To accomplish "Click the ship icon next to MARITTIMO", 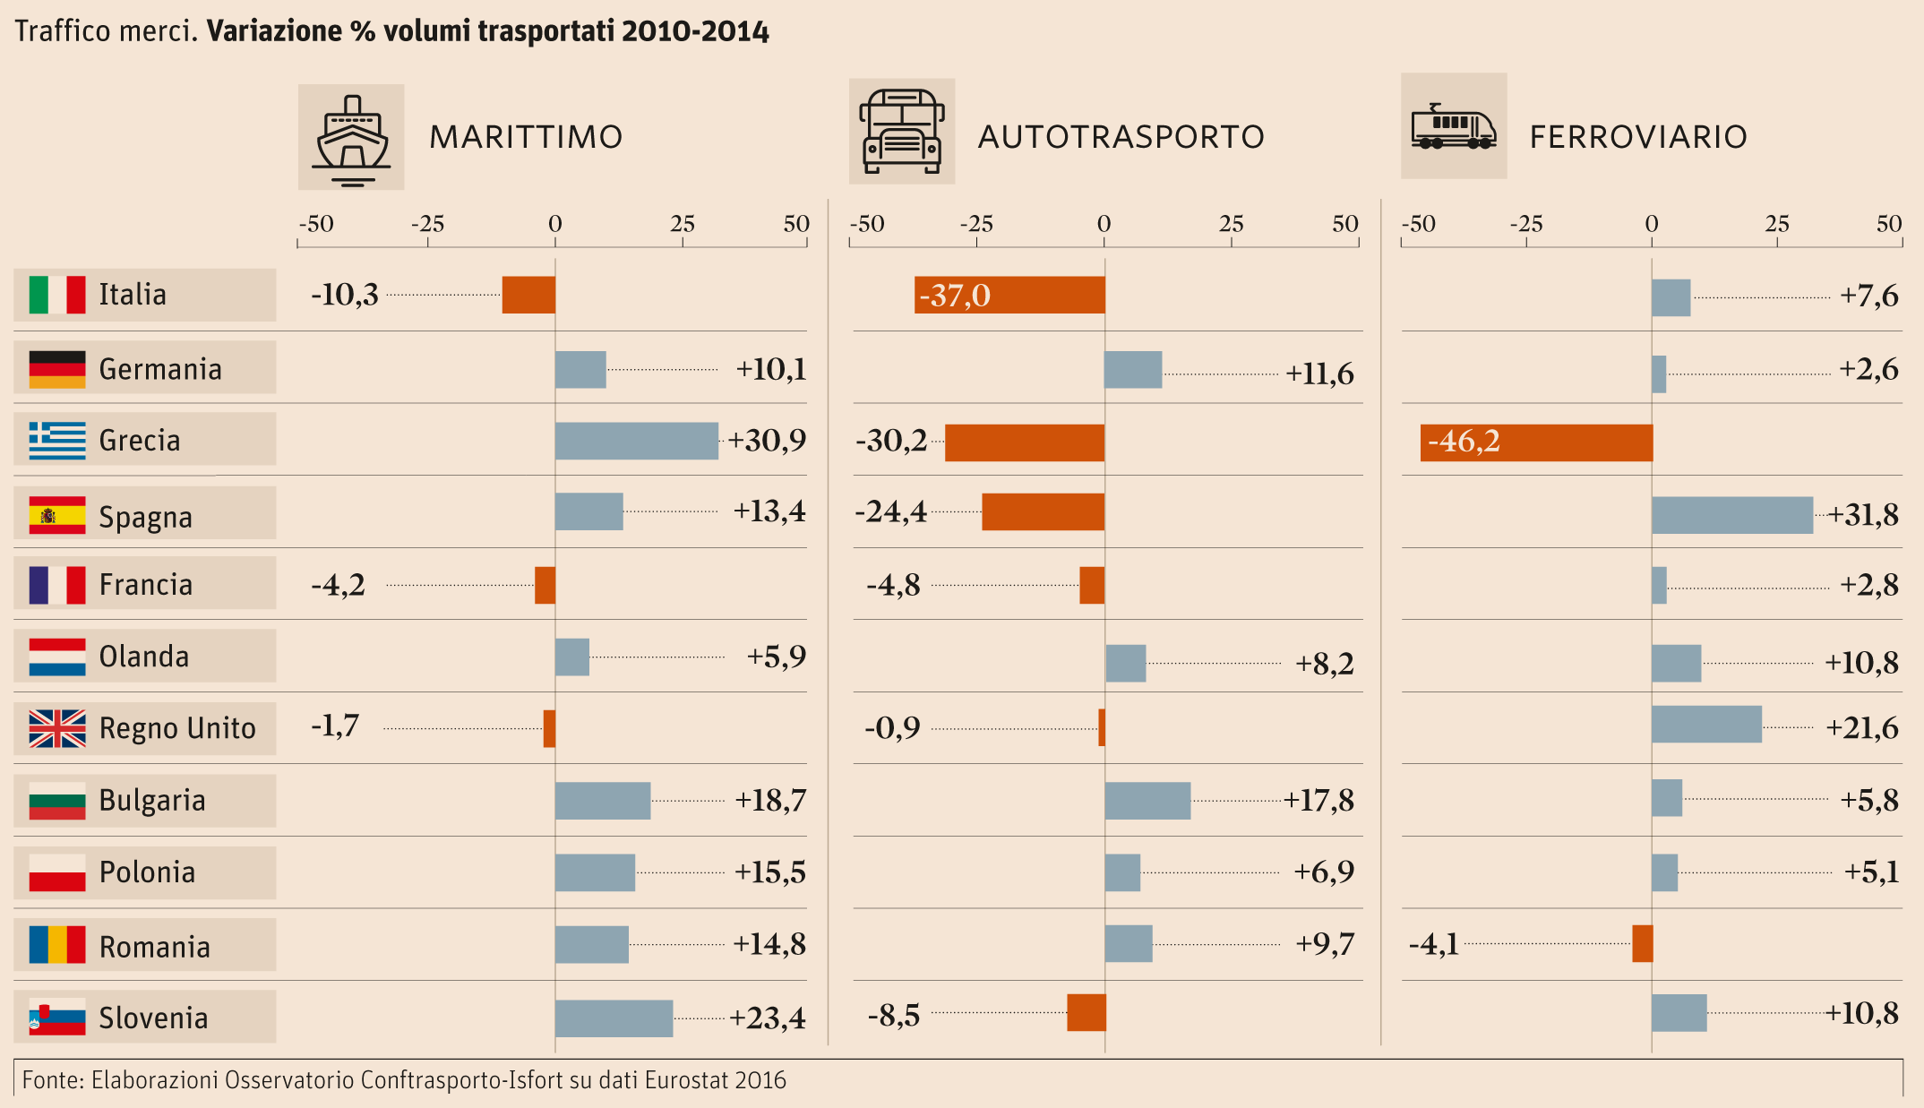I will [x=351, y=137].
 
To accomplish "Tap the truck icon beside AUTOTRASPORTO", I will [x=902, y=132].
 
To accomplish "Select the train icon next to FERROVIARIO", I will [x=1454, y=126].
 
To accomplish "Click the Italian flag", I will [x=57, y=295].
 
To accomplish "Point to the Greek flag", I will [x=57, y=440].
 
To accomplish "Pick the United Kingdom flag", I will [x=57, y=728].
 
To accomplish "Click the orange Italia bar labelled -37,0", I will [x=1009, y=295].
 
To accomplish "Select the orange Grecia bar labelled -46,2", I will [x=1536, y=442].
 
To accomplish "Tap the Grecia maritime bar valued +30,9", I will [x=636, y=441].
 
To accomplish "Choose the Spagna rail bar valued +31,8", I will [x=1732, y=515].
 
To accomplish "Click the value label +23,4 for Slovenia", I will [x=768, y=1018].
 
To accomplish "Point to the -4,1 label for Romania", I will [x=1434, y=944].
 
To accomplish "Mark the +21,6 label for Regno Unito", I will [x=1862, y=728].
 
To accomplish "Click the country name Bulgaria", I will [x=152, y=801].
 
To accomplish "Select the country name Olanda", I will [x=144, y=657].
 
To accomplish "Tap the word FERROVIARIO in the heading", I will [x=1638, y=137].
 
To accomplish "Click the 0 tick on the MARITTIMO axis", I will [x=555, y=224].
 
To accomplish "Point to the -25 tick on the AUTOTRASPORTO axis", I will [x=976, y=224].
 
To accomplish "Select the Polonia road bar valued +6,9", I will [x=1122, y=872].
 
